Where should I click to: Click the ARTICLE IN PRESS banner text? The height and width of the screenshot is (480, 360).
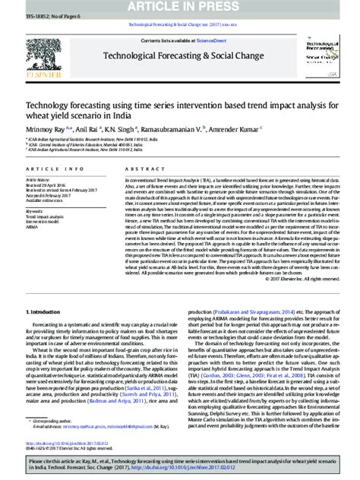179,8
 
